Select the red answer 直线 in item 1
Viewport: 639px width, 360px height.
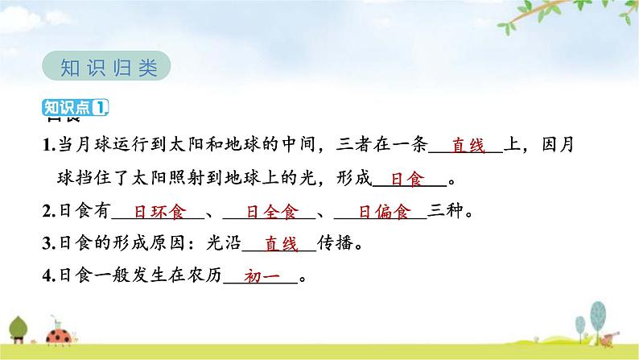[x=466, y=147]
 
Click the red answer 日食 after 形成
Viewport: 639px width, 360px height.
[x=406, y=180]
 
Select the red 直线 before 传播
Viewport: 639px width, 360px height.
[x=280, y=243]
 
